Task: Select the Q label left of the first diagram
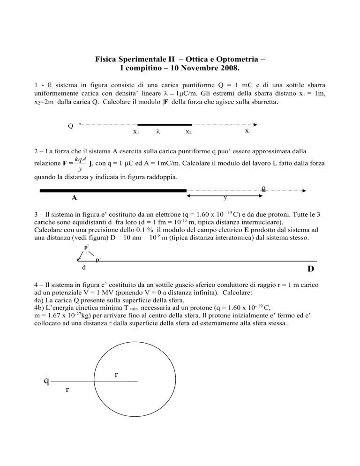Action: (x=70, y=126)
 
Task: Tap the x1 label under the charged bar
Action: (x=136, y=133)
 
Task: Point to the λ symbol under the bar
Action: (x=158, y=132)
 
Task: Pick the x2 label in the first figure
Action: (x=188, y=133)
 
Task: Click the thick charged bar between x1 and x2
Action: (x=165, y=125)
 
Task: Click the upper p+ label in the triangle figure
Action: (x=87, y=247)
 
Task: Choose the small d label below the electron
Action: (x=83, y=268)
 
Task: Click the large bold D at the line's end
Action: (x=311, y=269)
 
